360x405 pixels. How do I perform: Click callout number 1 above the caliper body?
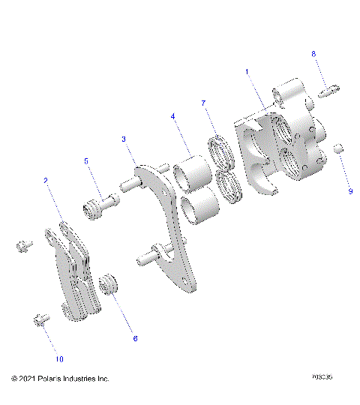tap(247, 72)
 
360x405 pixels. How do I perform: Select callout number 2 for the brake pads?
tap(46, 181)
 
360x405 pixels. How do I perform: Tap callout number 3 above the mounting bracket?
tap(124, 139)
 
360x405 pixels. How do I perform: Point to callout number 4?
tap(172, 117)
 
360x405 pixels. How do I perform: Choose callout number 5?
tap(86, 160)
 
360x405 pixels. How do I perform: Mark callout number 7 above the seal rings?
tap(202, 102)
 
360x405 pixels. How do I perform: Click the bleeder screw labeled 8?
tap(328, 93)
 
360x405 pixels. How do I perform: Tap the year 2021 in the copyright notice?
tap(28, 379)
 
